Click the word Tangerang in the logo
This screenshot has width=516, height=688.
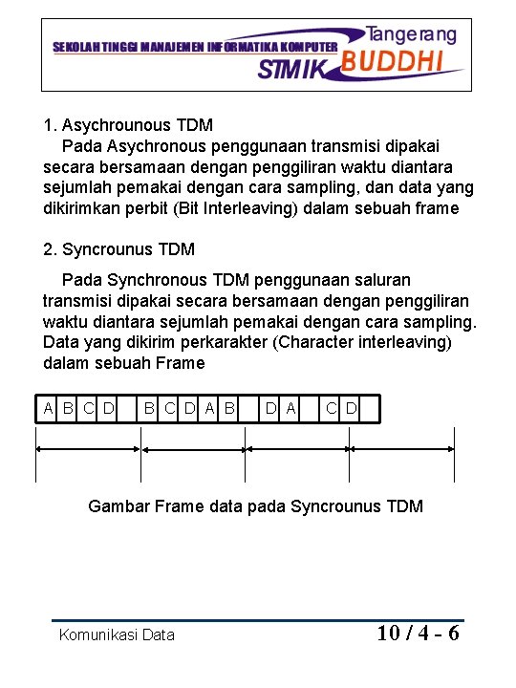412,34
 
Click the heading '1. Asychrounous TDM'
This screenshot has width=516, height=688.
128,125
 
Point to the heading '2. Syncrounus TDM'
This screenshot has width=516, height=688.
119,249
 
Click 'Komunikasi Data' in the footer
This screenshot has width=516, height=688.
117,634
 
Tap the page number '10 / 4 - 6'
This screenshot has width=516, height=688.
418,633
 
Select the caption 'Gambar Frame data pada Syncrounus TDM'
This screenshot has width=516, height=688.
255,506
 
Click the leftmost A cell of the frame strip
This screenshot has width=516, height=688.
49,409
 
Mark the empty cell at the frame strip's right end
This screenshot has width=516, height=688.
370,409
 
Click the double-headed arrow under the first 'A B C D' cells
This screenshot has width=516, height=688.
87,448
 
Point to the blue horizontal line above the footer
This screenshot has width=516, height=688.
258,620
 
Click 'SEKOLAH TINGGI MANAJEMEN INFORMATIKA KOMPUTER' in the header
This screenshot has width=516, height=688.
194,46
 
